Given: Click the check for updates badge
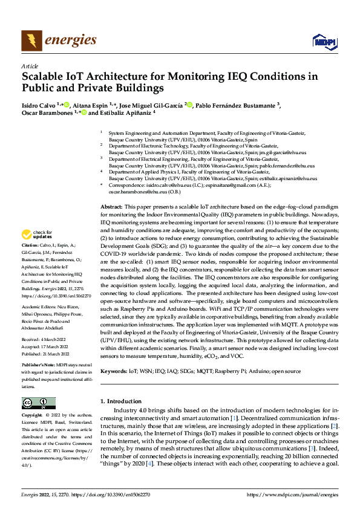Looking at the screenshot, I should click(36, 234).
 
